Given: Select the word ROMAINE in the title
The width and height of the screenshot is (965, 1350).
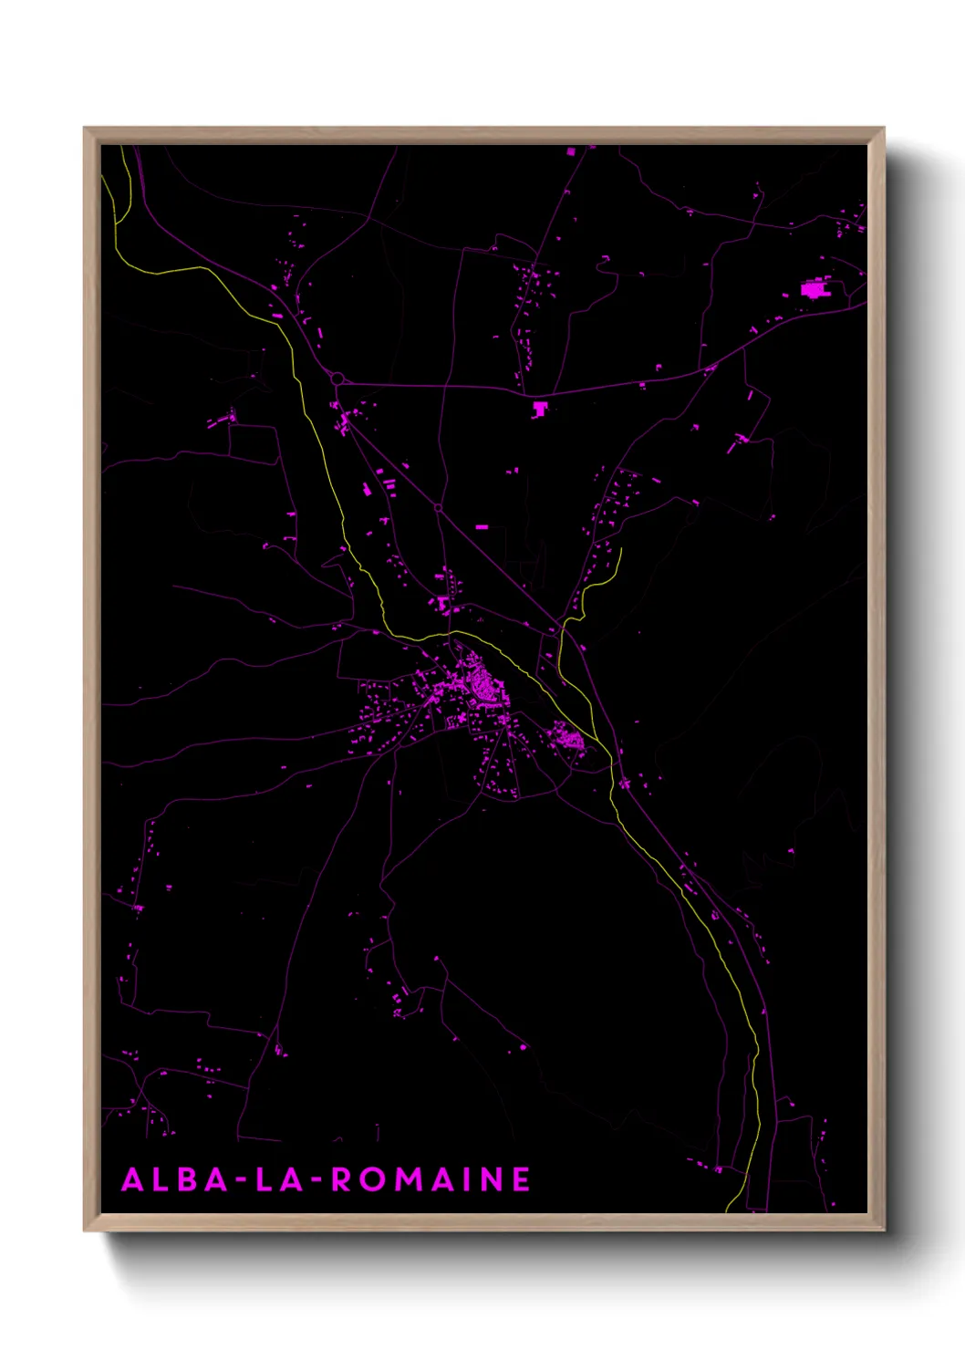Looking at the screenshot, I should pyautogui.click(x=431, y=1180).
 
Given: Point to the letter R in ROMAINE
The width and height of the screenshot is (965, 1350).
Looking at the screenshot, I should pyautogui.click(x=341, y=1180).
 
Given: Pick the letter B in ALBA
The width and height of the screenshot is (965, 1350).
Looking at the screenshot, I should pyautogui.click(x=189, y=1180).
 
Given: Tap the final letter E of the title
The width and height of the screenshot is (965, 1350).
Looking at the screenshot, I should pyautogui.click(x=521, y=1180).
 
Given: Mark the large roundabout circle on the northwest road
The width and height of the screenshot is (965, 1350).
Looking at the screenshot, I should pyautogui.click(x=337, y=378).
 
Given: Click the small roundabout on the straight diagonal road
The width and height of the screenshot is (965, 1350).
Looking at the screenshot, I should pyautogui.click(x=438, y=507).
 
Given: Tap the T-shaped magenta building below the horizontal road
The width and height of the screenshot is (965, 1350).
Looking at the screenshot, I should pyautogui.click(x=540, y=408).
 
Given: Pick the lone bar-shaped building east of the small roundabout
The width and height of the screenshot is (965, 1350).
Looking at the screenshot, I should pyautogui.click(x=482, y=526).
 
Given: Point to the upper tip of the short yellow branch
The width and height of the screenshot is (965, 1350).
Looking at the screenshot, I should pyautogui.click(x=620, y=549).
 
